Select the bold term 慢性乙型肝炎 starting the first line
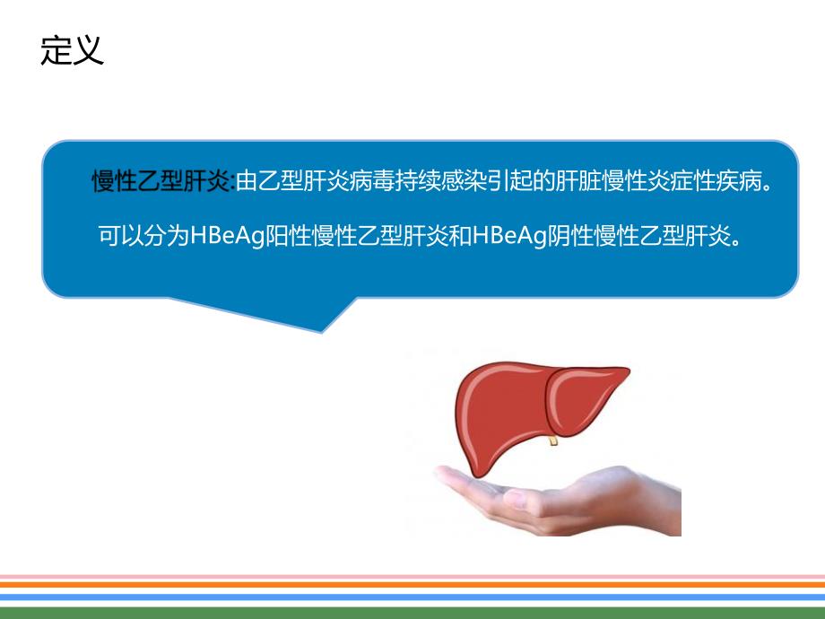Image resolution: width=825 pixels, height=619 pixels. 162,184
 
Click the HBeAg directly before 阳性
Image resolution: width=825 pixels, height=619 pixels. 223,236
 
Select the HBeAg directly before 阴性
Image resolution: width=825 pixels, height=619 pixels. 507,236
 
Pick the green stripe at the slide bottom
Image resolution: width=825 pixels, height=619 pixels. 412,612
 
